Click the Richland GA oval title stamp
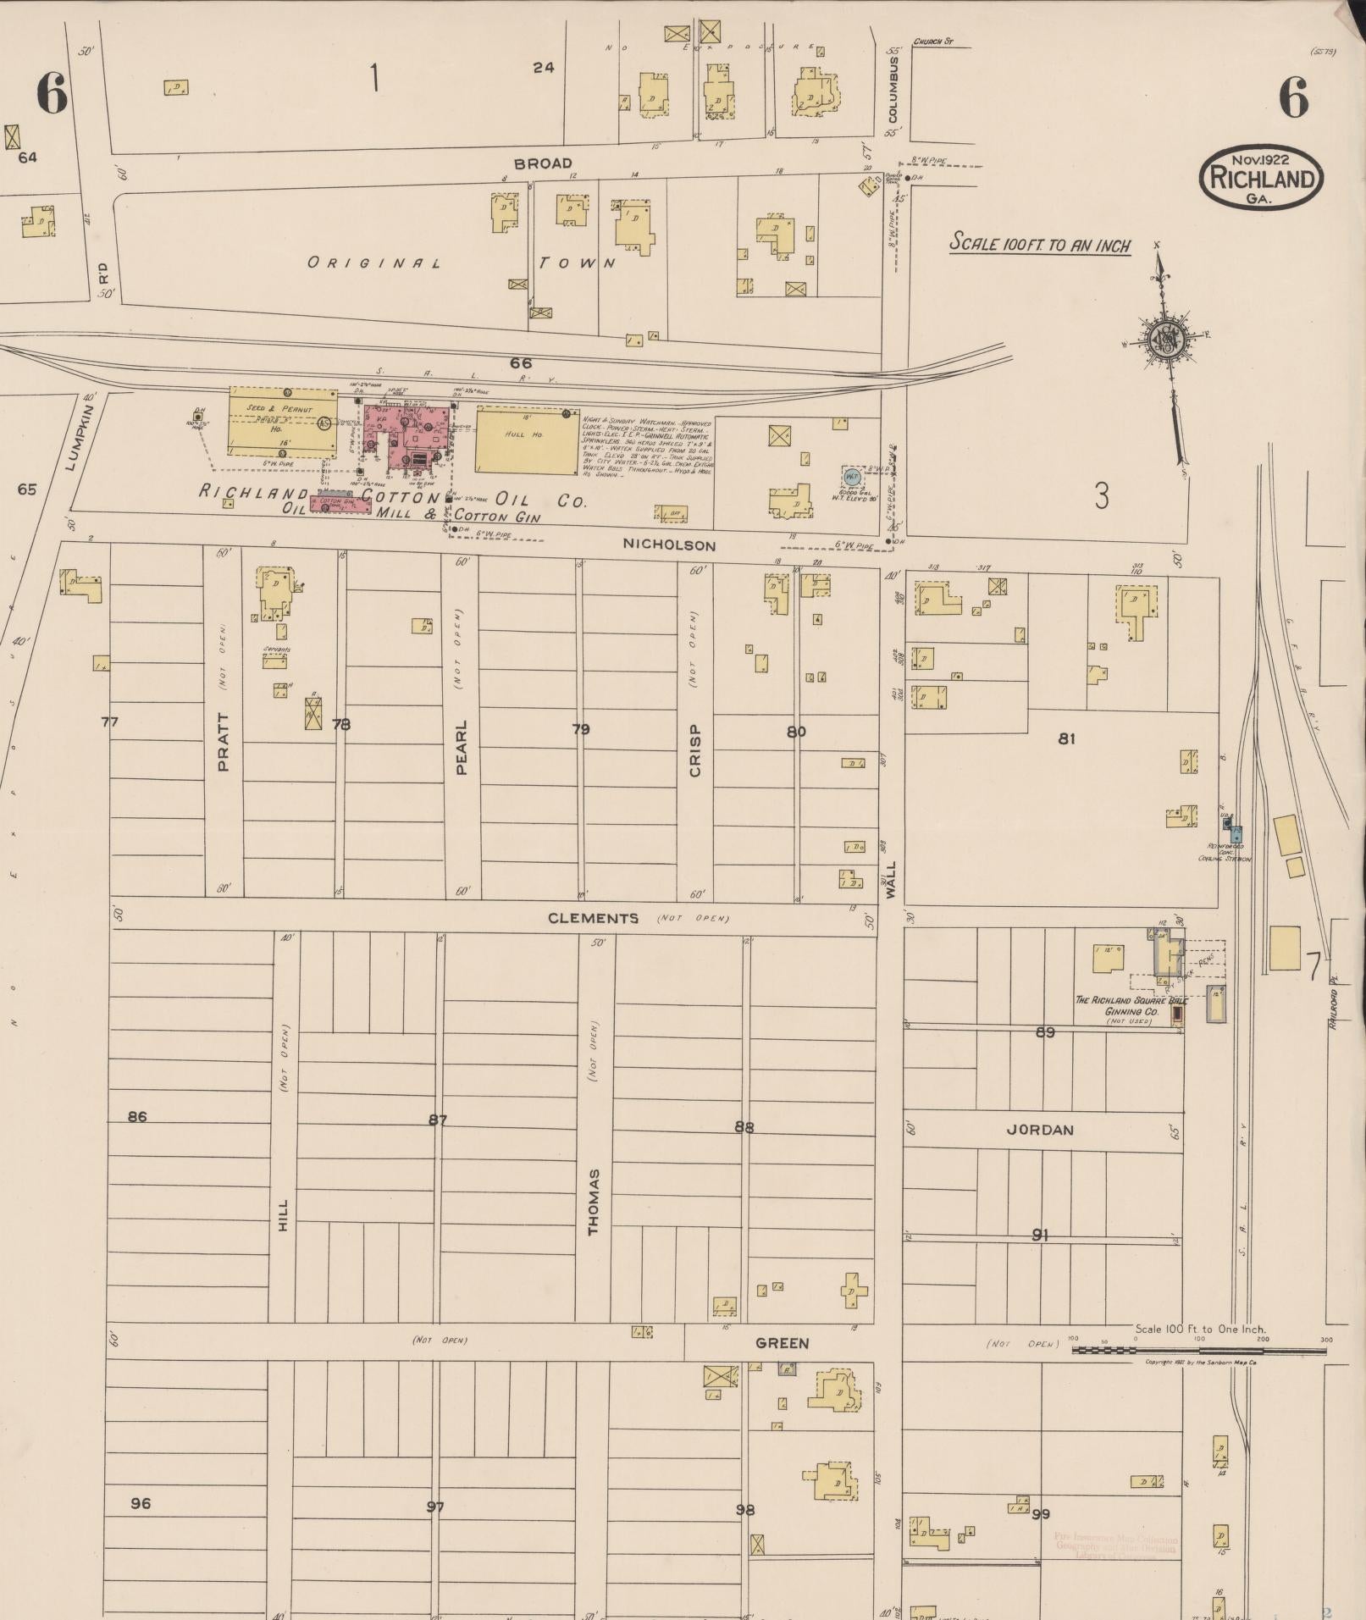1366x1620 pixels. pyautogui.click(x=1261, y=178)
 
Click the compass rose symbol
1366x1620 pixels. pyautogui.click(x=1166, y=339)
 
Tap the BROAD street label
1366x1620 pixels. pyautogui.click(x=543, y=163)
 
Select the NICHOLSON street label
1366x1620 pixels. pyautogui.click(x=669, y=545)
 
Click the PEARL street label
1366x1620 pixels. pyautogui.click(x=462, y=747)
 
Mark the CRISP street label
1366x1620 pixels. pyautogui.click(x=694, y=749)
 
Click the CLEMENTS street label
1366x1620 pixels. pyautogui.click(x=593, y=918)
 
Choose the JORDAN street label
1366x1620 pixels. pyautogui.click(x=1040, y=1130)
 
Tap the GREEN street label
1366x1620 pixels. pyautogui.click(x=782, y=1343)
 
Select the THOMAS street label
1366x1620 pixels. pyautogui.click(x=594, y=1202)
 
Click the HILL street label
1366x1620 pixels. pyautogui.click(x=283, y=1215)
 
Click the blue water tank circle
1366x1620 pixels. pyautogui.click(x=852, y=477)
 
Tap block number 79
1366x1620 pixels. pyautogui.click(x=580, y=729)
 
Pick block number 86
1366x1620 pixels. pyautogui.click(x=137, y=1117)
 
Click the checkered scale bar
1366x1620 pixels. pyautogui.click(x=1198, y=1350)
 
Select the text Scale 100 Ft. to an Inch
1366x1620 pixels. pyautogui.click(x=1040, y=244)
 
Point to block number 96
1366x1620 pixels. pyautogui.click(x=141, y=1503)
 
